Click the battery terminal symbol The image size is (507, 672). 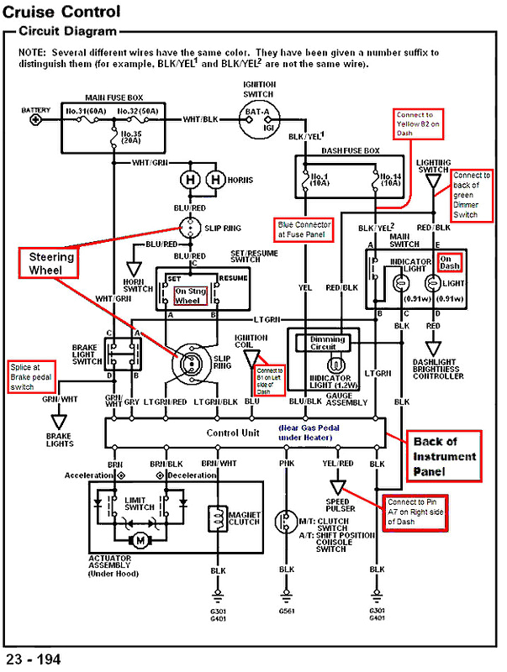pos(35,120)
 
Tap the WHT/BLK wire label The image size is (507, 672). pos(200,120)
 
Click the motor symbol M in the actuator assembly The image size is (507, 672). pos(140,539)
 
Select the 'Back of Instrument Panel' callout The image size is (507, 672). pos(445,456)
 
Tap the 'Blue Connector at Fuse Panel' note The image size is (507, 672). pos(304,228)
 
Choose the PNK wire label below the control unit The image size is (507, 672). pos(288,463)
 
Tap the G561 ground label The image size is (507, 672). pos(288,612)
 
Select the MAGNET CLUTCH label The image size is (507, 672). pos(246,518)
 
